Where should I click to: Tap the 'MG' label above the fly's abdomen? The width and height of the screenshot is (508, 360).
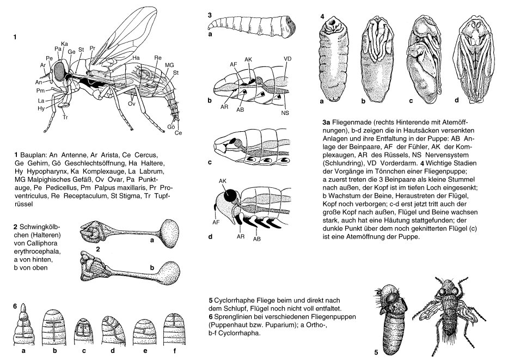tap(169, 65)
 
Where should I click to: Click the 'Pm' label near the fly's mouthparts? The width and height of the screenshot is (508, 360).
tap(40, 89)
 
